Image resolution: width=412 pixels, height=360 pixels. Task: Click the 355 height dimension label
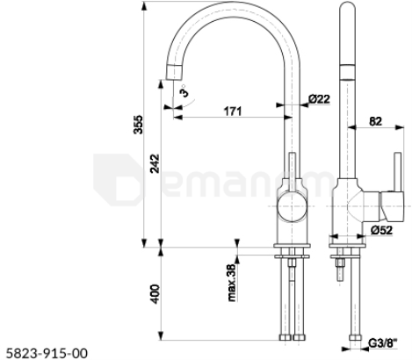138,125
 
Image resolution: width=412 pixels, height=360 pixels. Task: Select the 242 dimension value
155,163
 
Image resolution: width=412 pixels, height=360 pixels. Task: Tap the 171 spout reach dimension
233,112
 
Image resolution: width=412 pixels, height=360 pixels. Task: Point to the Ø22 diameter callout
319,99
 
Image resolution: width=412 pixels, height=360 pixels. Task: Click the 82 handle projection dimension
375,121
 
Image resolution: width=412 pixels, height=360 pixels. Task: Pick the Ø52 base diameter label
381,230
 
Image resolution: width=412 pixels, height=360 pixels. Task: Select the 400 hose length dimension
155,294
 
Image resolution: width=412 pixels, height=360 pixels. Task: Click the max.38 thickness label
231,283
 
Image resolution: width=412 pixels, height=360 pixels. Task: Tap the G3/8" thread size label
383,342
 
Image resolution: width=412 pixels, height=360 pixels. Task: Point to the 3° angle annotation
184,91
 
